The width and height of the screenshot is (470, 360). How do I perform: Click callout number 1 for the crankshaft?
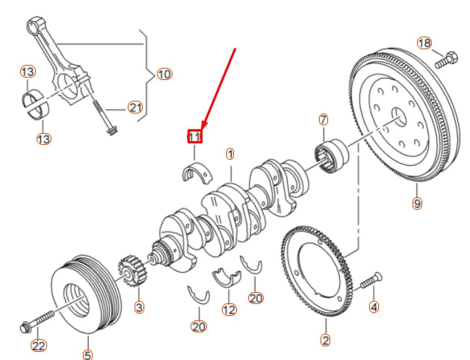coord(230,155)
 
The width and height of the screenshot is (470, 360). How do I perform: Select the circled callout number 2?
coord(325,341)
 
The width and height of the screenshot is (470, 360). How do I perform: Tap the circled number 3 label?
coord(139,306)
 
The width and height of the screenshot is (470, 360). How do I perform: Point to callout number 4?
coord(374,306)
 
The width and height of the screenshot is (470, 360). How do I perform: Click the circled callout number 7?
coord(324,120)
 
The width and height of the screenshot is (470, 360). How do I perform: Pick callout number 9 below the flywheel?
coord(417,202)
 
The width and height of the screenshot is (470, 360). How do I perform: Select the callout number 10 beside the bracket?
coord(164,74)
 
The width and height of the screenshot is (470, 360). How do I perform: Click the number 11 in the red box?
coord(194,137)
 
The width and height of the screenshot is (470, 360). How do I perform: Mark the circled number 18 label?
coord(424,43)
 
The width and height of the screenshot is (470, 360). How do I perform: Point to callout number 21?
coord(134,108)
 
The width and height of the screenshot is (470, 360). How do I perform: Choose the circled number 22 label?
coord(37,345)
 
